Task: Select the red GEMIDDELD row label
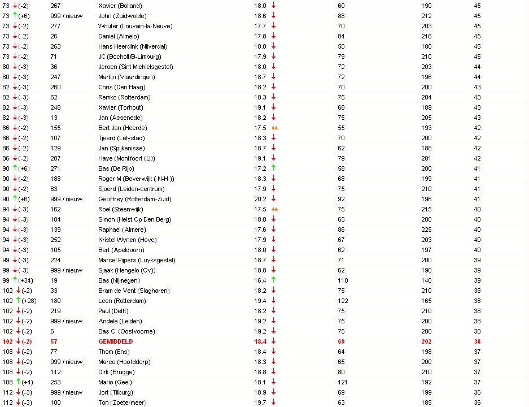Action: point(116,341)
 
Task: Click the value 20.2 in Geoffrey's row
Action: point(260,199)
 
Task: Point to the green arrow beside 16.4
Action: point(274,280)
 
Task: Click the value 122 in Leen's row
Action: point(343,301)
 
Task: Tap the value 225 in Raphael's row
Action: point(426,230)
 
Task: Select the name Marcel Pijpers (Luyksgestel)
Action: point(137,260)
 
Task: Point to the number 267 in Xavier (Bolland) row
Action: point(55,6)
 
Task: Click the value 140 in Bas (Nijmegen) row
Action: point(426,280)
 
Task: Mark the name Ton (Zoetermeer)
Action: point(121,402)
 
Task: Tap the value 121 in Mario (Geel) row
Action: point(343,382)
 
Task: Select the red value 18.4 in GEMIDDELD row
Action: point(260,341)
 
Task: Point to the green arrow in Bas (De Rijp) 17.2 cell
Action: point(274,168)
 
